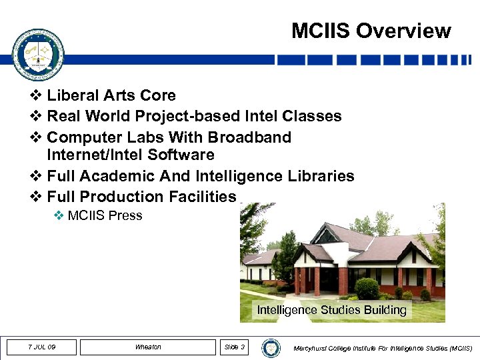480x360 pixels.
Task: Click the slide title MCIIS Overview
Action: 371,31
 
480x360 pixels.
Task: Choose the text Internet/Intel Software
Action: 131,155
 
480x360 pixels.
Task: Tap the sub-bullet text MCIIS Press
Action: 105,215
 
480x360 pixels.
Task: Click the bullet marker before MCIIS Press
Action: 60,215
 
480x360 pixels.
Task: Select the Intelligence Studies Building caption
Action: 331,310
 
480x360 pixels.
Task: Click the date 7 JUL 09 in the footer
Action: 42,347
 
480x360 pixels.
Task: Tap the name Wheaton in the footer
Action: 148,347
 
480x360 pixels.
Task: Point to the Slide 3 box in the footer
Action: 235,347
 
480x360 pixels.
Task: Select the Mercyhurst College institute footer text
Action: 383,348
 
